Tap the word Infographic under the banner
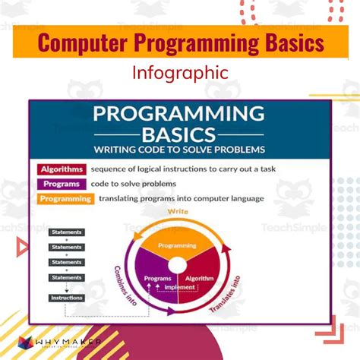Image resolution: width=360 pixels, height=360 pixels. click(x=179, y=74)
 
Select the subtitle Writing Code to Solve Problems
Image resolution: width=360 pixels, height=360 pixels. click(x=179, y=149)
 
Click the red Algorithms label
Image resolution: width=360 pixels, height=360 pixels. click(x=60, y=169)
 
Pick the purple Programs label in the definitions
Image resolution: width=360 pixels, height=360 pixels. click(x=58, y=183)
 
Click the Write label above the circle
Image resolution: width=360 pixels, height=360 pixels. click(x=178, y=212)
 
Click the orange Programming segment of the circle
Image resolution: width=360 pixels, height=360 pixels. click(x=177, y=245)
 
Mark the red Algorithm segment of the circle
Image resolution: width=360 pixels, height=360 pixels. click(x=199, y=278)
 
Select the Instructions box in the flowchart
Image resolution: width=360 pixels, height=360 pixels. click(x=66, y=298)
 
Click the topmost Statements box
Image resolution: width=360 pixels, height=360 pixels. click(x=66, y=232)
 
